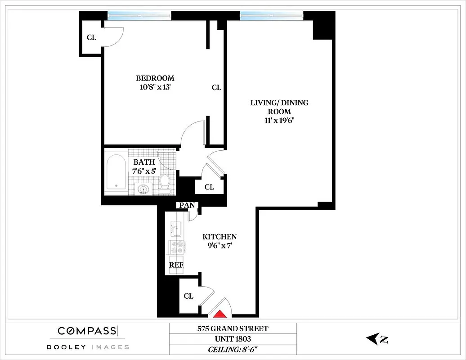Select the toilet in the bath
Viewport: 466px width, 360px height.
pyautogui.click(x=165, y=183)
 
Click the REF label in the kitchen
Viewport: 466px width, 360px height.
pyautogui.click(x=176, y=265)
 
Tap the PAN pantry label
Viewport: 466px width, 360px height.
pyautogui.click(x=187, y=205)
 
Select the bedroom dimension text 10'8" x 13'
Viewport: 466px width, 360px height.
pyautogui.click(x=155, y=87)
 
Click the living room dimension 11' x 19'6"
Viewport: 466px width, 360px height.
pyautogui.click(x=279, y=121)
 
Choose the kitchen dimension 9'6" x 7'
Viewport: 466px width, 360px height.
pyautogui.click(x=219, y=246)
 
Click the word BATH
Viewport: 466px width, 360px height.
pyautogui.click(x=144, y=162)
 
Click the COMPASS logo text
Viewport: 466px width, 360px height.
pyautogui.click(x=87, y=331)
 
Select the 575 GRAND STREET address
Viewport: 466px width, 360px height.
pyautogui.click(x=233, y=328)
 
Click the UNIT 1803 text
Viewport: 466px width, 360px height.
pyautogui.click(x=233, y=339)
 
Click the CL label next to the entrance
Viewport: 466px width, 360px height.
pyautogui.click(x=188, y=296)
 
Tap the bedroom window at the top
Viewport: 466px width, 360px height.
pyautogui.click(x=139, y=15)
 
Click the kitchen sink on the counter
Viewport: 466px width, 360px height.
pyautogui.click(x=176, y=229)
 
